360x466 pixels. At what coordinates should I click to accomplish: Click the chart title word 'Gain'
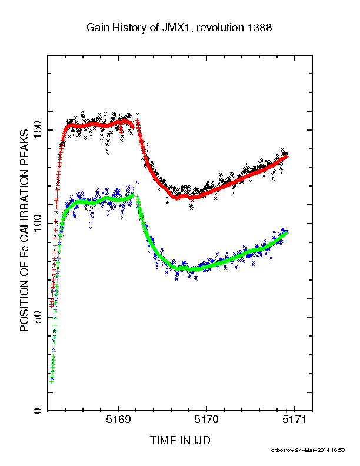(x=98, y=28)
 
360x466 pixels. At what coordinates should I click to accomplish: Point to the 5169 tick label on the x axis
(x=118, y=420)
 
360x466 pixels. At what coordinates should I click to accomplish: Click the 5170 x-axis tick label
(x=206, y=420)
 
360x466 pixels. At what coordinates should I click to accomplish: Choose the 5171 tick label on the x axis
(x=294, y=420)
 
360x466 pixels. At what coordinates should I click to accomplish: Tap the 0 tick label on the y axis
(x=38, y=411)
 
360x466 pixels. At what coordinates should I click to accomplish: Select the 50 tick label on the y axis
(x=38, y=317)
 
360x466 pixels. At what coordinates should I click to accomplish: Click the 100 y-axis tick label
(x=38, y=224)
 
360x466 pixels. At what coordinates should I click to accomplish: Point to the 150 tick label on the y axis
(x=38, y=130)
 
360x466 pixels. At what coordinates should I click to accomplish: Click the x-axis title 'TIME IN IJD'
(x=180, y=440)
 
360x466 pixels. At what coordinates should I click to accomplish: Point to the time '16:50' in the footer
(x=338, y=450)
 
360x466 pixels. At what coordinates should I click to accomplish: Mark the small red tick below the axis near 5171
(x=286, y=411)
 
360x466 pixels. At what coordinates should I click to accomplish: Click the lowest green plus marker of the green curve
(x=52, y=381)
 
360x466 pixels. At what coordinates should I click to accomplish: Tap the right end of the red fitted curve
(x=287, y=156)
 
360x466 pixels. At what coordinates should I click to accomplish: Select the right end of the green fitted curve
(x=287, y=232)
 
